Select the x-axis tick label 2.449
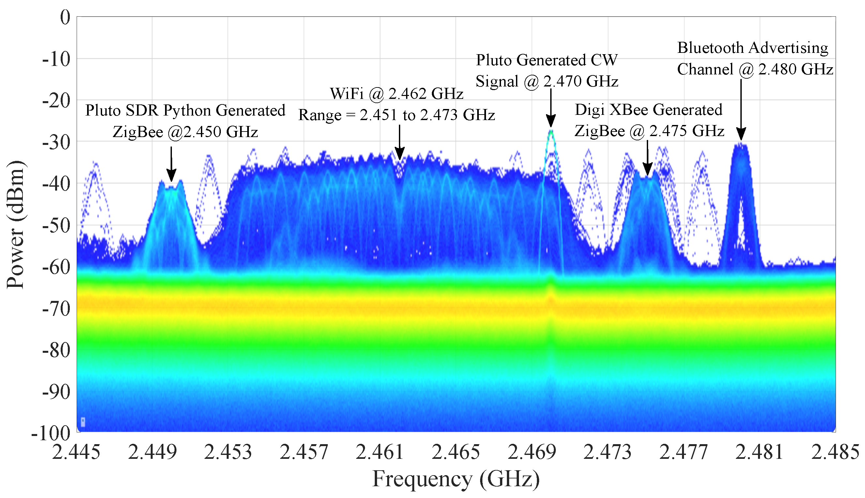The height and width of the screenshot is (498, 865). tap(152, 452)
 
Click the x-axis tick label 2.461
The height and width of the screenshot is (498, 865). tap(380, 452)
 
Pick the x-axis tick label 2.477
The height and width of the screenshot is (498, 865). tap(683, 452)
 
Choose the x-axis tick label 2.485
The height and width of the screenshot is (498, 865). tap(835, 452)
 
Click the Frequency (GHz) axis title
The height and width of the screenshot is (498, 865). tap(456, 479)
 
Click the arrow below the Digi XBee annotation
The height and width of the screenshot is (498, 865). tap(647, 159)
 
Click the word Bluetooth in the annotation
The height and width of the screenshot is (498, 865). tap(710, 48)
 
